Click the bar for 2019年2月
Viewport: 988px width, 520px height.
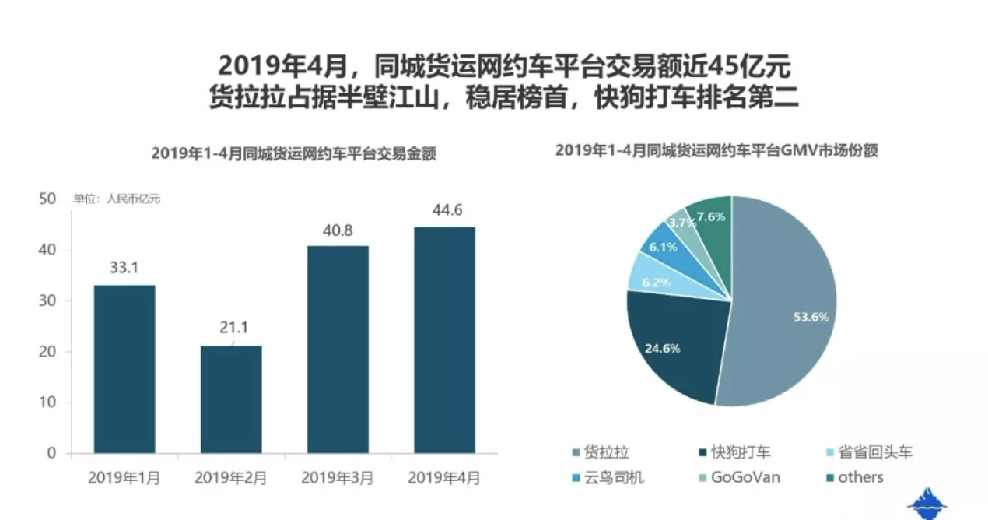tap(231, 399)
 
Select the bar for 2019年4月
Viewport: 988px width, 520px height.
tap(444, 339)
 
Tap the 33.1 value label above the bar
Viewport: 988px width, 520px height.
tap(124, 269)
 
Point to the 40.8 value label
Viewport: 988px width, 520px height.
tap(338, 230)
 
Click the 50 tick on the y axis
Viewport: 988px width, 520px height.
tap(47, 199)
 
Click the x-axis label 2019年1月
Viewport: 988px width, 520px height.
tap(124, 477)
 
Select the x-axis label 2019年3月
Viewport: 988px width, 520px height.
tap(338, 477)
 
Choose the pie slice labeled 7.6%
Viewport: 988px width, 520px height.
tap(709, 220)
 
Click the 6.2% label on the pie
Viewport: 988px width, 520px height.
tap(656, 283)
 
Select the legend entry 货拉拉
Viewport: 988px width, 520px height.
tap(601, 452)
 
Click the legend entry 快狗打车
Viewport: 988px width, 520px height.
tap(734, 452)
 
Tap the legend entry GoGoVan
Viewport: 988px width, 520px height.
tap(737, 477)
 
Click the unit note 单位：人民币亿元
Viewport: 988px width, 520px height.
tap(117, 199)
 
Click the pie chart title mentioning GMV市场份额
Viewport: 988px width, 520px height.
tap(716, 152)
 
